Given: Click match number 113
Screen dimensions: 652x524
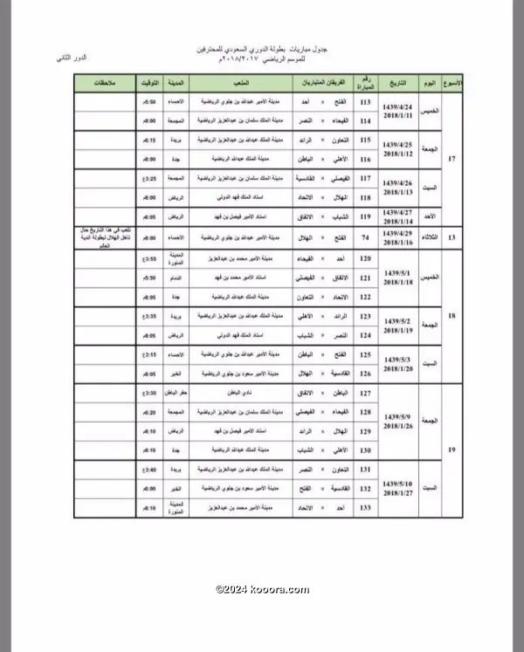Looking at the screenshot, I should (365, 103).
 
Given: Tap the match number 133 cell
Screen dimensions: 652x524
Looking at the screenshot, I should (365, 507).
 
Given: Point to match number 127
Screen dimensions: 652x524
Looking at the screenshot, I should (365, 394).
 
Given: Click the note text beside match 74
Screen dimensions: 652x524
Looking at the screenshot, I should (103, 237).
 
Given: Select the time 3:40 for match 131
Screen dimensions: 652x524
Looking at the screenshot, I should (149, 469).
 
